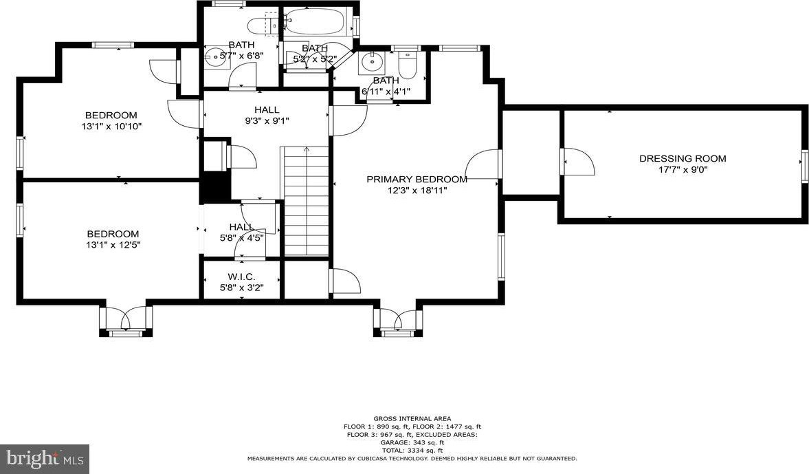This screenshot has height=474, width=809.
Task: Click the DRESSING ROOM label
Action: point(683,158)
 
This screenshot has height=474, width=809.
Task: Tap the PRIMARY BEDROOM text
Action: point(417,179)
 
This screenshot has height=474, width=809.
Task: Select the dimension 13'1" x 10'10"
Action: point(111,126)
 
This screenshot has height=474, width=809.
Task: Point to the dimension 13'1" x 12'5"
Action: point(113,245)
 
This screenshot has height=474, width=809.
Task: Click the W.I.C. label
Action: point(241,277)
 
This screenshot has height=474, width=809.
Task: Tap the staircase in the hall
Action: point(307,201)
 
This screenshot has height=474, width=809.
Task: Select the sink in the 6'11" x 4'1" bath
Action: point(370,62)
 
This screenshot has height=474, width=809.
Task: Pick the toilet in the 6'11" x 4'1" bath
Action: point(407,65)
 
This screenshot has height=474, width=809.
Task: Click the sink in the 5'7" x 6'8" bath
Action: point(212,57)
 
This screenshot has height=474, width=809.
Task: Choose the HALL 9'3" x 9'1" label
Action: point(267,115)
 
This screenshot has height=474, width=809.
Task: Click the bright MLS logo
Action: point(45,458)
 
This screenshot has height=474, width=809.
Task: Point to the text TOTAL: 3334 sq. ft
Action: point(412,450)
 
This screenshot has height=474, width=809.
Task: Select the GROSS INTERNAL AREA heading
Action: point(412,419)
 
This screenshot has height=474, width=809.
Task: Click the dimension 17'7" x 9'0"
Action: point(682,169)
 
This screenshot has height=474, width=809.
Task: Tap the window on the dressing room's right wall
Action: point(804,166)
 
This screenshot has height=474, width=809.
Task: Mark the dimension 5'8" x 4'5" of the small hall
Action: point(241,238)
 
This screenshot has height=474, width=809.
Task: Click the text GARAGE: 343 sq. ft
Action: point(412,442)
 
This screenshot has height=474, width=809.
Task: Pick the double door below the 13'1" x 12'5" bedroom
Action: point(126,319)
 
